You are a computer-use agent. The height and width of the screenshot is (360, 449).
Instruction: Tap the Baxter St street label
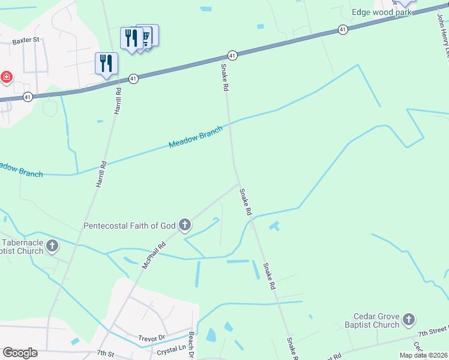(x=25, y=40)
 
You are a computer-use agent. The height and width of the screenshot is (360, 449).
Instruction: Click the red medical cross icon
(x=6, y=77)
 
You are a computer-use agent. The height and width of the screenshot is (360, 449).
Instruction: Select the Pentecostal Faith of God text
(x=129, y=226)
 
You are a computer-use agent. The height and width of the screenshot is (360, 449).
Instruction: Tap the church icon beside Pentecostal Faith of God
(x=185, y=226)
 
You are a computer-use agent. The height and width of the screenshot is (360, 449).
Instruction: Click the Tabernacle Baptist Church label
(x=22, y=246)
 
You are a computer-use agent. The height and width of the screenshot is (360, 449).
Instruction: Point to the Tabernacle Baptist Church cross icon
(x=52, y=245)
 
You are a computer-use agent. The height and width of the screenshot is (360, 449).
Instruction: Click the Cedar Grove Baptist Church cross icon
(x=409, y=319)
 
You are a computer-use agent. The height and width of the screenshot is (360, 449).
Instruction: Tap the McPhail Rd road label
(x=154, y=255)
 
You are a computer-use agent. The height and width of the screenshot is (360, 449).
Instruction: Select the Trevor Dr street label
(x=151, y=338)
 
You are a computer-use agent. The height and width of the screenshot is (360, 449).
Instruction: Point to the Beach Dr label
(x=191, y=346)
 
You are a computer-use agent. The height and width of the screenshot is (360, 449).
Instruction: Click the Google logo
(x=20, y=352)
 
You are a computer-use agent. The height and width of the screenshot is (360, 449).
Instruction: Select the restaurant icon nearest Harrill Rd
(x=106, y=64)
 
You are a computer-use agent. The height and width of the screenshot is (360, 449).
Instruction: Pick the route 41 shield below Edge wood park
(x=342, y=29)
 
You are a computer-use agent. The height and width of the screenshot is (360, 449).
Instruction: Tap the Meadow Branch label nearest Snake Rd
(x=196, y=137)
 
